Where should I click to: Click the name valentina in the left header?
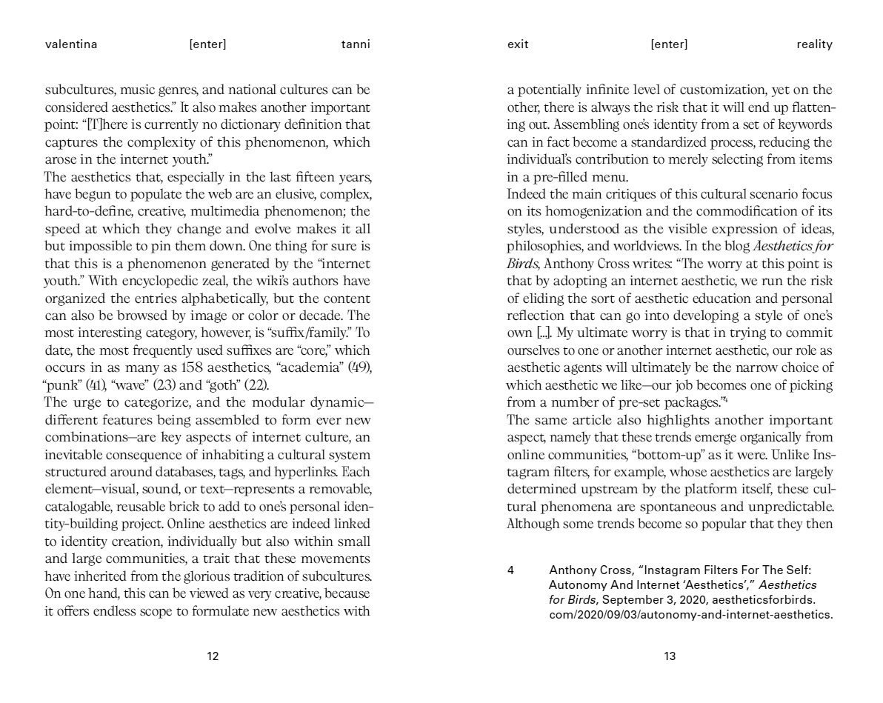(71, 44)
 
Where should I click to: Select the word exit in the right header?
(518, 44)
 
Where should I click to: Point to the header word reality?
(814, 44)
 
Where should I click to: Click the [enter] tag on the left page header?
(208, 44)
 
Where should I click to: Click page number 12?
(213, 656)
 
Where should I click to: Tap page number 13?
(670, 656)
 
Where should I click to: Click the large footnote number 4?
(511, 570)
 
